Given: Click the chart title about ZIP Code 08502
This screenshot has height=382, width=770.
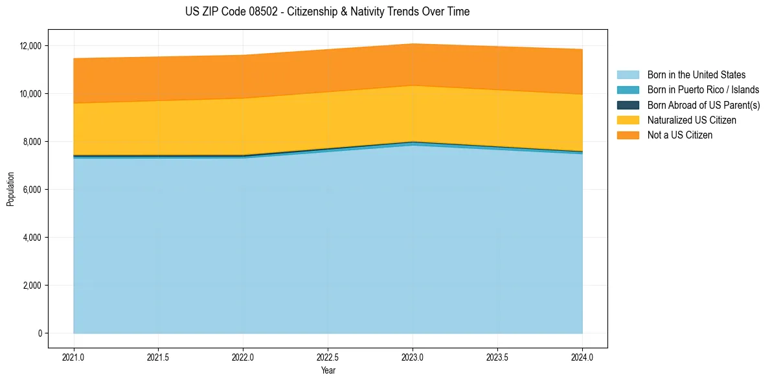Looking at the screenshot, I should click(x=327, y=12).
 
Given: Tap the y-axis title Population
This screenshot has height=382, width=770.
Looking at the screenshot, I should click(x=10, y=189).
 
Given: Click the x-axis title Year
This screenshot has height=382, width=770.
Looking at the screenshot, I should click(x=328, y=370).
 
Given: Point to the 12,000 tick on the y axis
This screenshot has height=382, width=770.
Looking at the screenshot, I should click(x=30, y=46).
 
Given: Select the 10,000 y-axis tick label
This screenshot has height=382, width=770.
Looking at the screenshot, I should click(x=30, y=94).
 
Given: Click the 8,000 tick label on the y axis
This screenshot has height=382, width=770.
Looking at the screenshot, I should click(x=32, y=142).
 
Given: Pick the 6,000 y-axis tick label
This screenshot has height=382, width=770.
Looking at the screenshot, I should click(x=32, y=190).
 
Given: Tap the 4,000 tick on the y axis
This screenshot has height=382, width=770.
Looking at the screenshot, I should click(x=32, y=238).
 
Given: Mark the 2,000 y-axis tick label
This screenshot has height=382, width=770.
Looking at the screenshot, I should click(x=32, y=286).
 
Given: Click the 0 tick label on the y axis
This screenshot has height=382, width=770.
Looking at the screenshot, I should click(x=40, y=333).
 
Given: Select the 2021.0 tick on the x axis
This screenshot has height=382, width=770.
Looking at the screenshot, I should click(x=74, y=357).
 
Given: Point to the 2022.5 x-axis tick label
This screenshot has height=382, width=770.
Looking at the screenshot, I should click(x=328, y=357).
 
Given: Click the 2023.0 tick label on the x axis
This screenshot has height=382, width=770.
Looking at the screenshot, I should click(x=413, y=357).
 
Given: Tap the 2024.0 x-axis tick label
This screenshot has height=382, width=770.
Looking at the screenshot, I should click(x=582, y=357).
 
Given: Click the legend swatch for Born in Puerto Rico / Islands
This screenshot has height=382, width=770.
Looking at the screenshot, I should click(x=628, y=90).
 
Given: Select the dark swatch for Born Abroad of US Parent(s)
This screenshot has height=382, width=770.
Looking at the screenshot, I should click(x=628, y=105).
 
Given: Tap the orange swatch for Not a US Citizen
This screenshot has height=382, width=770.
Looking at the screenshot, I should click(x=628, y=135).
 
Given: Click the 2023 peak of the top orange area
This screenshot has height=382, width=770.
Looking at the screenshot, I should click(x=413, y=44).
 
